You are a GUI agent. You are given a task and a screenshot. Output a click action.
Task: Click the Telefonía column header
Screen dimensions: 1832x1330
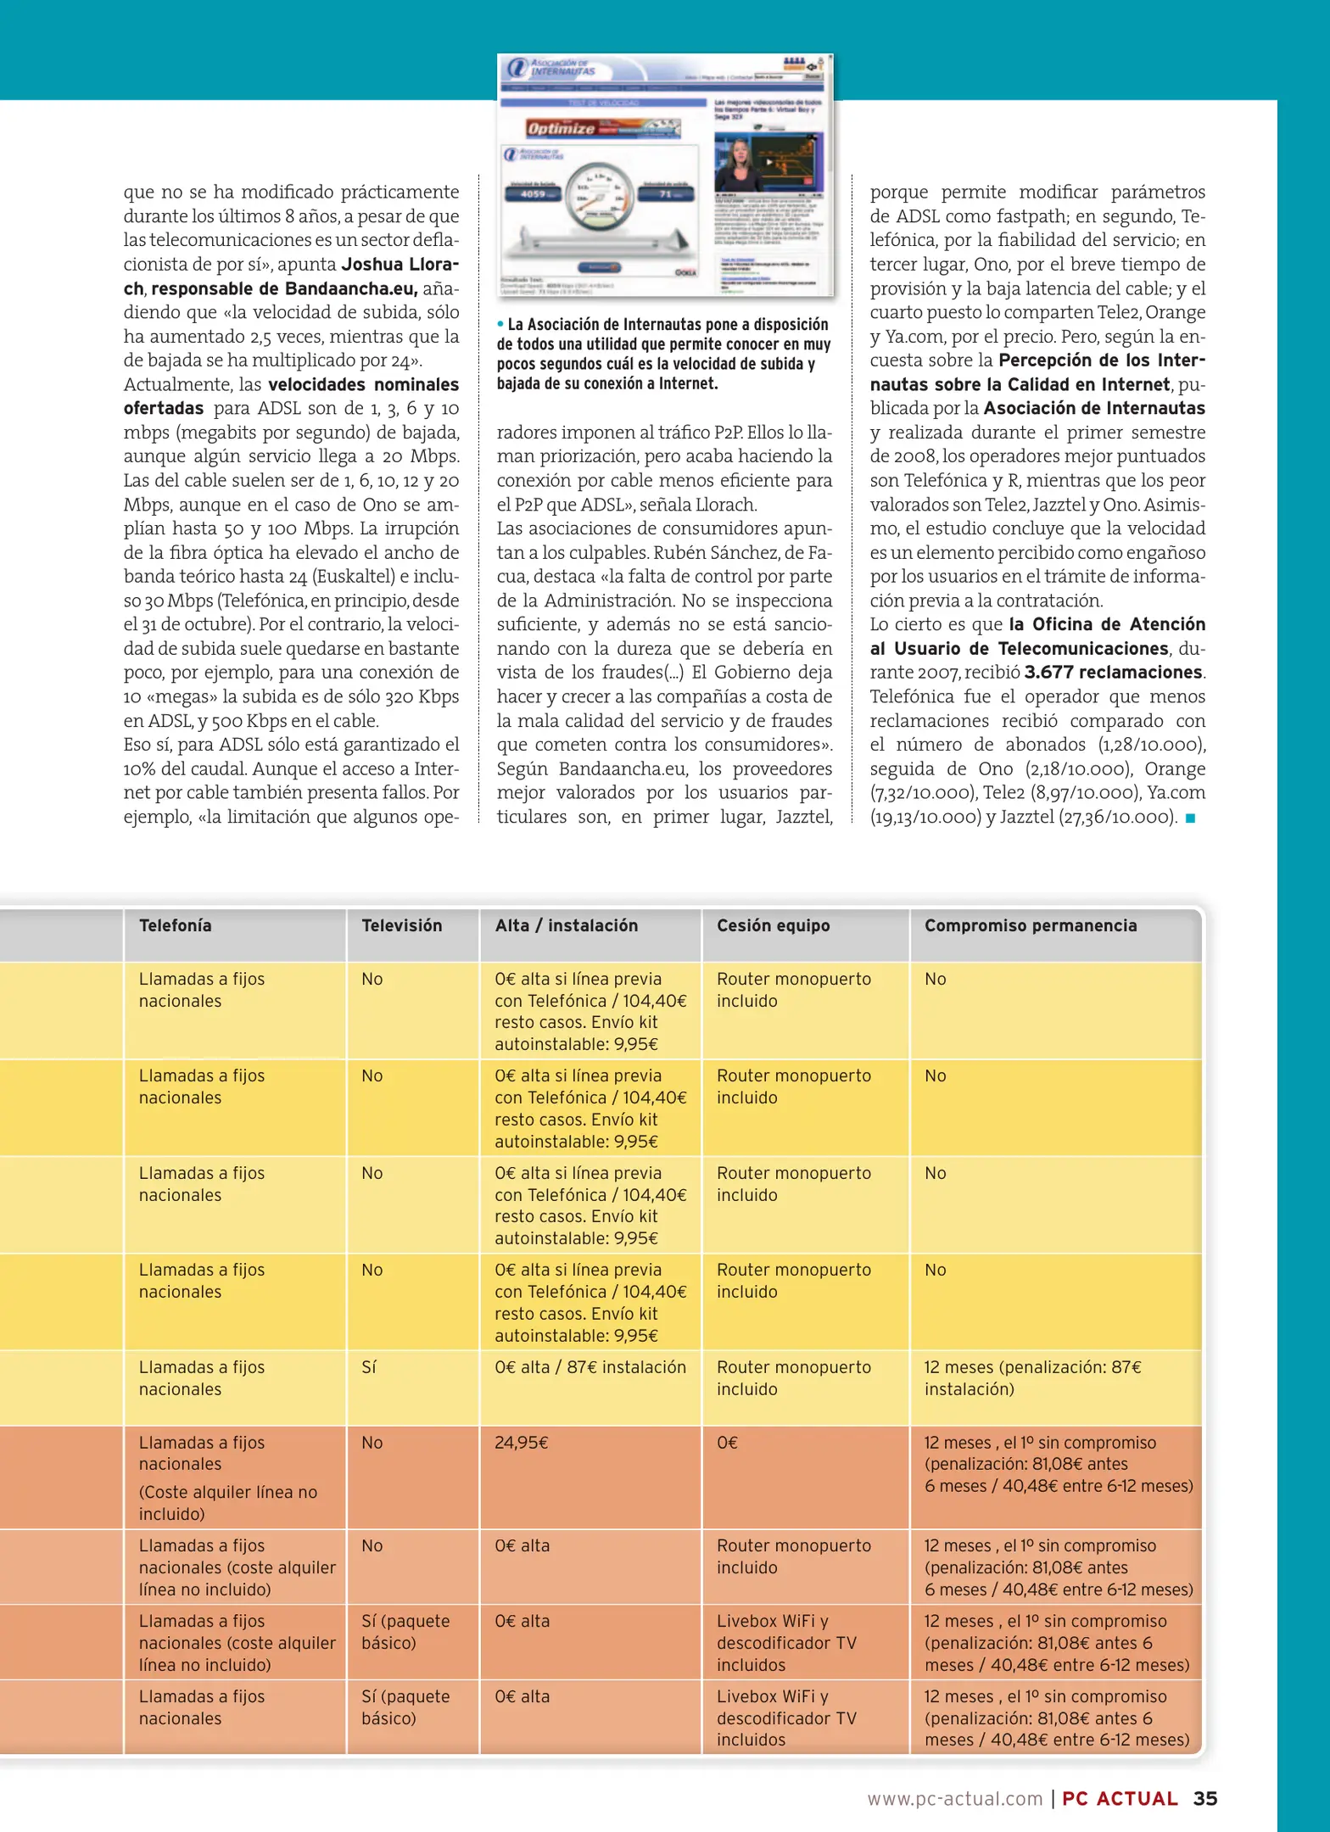point(175,925)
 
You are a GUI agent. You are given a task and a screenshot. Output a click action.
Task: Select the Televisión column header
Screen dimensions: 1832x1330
point(401,925)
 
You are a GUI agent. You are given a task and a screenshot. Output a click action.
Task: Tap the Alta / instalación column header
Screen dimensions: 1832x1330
point(566,925)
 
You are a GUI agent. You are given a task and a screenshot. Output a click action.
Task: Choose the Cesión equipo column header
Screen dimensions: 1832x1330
point(773,925)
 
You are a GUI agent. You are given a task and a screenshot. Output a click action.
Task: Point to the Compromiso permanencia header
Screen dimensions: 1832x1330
point(1030,925)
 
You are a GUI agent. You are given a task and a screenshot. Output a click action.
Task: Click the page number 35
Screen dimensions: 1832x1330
point(1204,1798)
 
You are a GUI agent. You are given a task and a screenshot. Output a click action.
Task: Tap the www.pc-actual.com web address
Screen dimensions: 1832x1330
point(954,1799)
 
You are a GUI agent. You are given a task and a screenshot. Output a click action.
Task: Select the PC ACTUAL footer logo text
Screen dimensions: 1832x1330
point(1120,1799)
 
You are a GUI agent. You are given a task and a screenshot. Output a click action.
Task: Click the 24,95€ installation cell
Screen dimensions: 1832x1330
point(521,1443)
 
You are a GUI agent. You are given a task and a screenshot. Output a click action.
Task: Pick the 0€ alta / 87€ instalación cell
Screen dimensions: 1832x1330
point(590,1367)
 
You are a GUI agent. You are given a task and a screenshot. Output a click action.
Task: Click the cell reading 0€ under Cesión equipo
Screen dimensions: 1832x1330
point(727,1443)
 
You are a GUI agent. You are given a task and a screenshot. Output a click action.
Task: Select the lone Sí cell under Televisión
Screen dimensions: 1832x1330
point(369,1367)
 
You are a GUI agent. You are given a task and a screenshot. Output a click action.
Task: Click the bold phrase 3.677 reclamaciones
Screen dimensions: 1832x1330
point(1113,673)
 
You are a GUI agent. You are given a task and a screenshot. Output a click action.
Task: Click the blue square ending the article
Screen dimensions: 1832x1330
point(1190,818)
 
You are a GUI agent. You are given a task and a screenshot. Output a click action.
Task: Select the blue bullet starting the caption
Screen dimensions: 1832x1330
point(500,324)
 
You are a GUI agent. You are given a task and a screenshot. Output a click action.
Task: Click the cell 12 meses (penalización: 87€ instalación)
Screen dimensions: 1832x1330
point(1031,1377)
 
